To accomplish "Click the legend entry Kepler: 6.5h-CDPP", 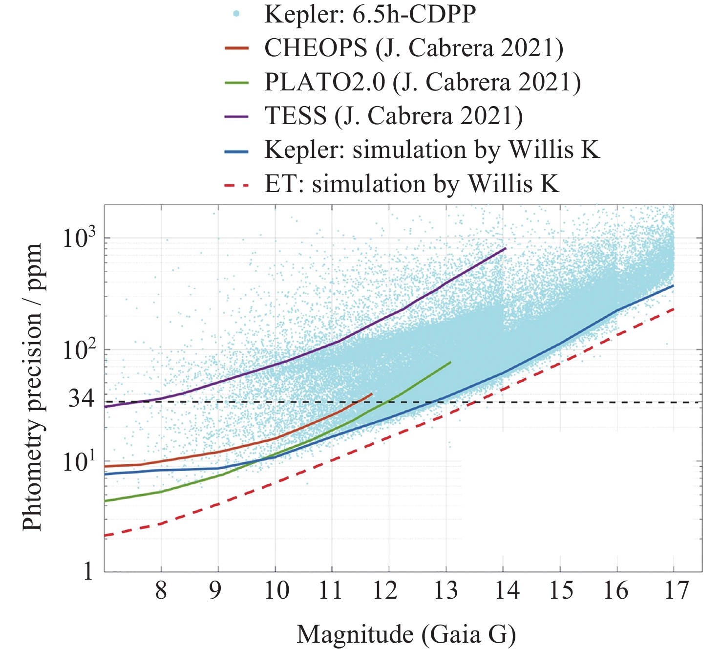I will tap(370, 14).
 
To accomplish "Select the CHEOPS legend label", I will tap(414, 48).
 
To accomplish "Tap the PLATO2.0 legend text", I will tap(423, 82).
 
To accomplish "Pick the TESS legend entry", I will tap(393, 116).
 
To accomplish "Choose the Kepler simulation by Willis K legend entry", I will tap(432, 150).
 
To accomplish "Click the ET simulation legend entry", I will tap(411, 184).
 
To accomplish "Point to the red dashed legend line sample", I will tap(237, 185).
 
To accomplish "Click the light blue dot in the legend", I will tap(236, 14).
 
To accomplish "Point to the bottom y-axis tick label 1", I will tap(88, 571).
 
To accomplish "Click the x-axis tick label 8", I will tap(161, 591).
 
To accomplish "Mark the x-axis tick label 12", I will tap(385, 591).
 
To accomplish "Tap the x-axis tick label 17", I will tap(676, 591).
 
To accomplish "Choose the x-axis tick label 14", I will tap(507, 591).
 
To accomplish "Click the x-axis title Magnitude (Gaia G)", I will tap(406, 635).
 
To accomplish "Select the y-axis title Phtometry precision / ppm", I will tap(33, 387).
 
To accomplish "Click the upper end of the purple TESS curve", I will tap(506, 248).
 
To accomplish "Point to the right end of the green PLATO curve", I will tap(450, 362).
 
